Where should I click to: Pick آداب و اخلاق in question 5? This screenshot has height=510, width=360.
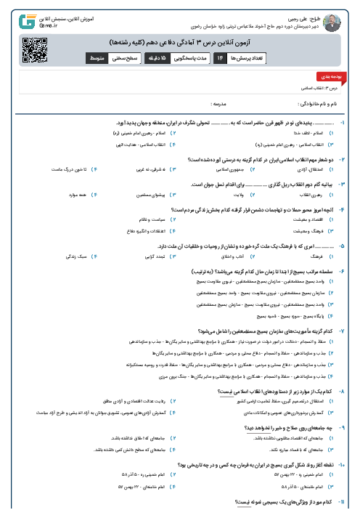(228, 256)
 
